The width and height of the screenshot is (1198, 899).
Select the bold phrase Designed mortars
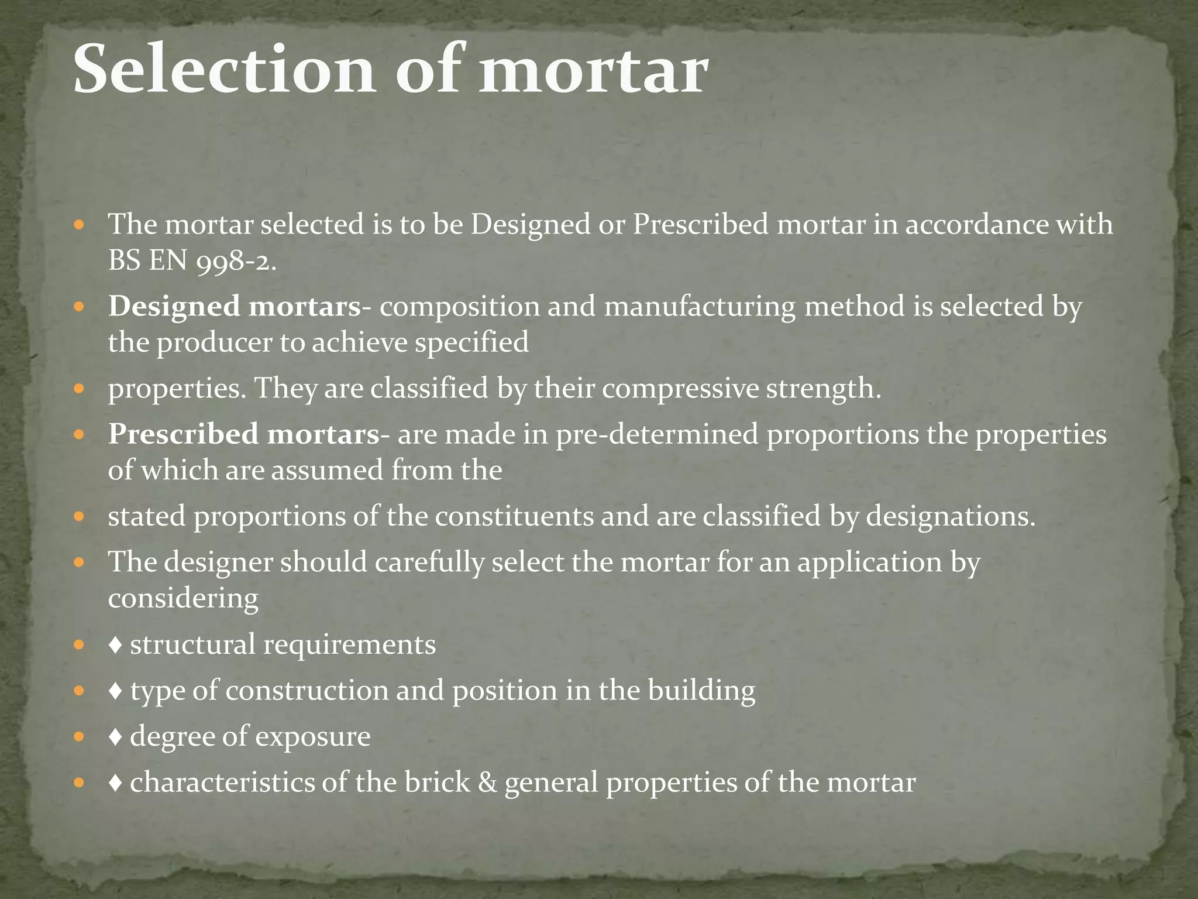tap(235, 307)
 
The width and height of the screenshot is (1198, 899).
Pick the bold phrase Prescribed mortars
tap(244, 435)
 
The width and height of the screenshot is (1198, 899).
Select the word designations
tap(950, 516)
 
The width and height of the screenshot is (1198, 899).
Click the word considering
tap(183, 598)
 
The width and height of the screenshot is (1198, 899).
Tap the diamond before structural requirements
tap(115, 645)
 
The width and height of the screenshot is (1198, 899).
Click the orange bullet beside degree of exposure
tap(80, 737)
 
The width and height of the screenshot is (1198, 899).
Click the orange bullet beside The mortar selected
tap(80, 225)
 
